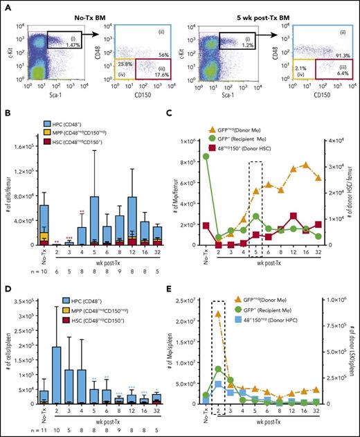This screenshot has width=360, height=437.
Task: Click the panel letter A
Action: [7, 6]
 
